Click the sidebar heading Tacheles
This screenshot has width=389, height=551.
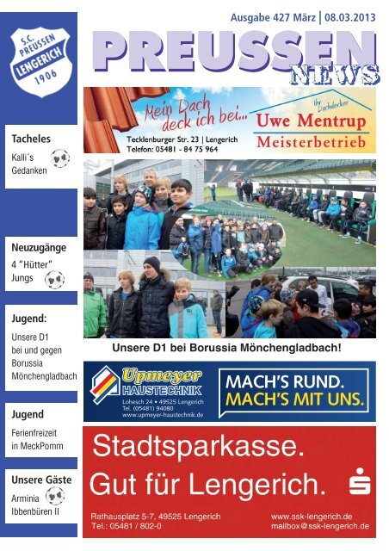[x=30, y=138]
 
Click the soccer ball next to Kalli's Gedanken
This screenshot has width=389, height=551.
[x=59, y=158]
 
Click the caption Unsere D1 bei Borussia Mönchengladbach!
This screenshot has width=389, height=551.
[x=227, y=349]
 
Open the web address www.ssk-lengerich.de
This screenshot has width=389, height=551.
[x=312, y=514]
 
